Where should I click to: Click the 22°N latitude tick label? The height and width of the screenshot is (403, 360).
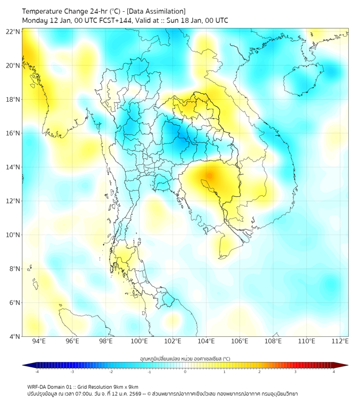pyautogui.click(x=13, y=31)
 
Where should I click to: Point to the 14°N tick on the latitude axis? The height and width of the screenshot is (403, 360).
pyautogui.click(x=13, y=167)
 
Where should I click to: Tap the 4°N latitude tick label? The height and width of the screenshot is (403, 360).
pyautogui.click(x=15, y=336)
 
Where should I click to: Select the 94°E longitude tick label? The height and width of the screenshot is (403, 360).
pyautogui.click(x=39, y=341)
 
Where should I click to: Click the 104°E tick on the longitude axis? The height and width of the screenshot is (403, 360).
pyautogui.click(x=206, y=341)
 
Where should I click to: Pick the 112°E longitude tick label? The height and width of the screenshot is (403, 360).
pyautogui.click(x=340, y=341)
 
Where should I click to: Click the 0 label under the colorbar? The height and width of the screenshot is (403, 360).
pyautogui.click(x=185, y=372)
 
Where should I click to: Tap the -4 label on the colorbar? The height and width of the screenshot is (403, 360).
pyautogui.click(x=36, y=372)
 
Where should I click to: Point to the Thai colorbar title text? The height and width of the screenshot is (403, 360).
pyautogui.click(x=185, y=359)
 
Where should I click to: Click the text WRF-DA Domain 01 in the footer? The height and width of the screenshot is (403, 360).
pyautogui.click(x=50, y=386)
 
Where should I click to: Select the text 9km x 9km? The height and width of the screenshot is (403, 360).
pyautogui.click(x=125, y=386)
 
